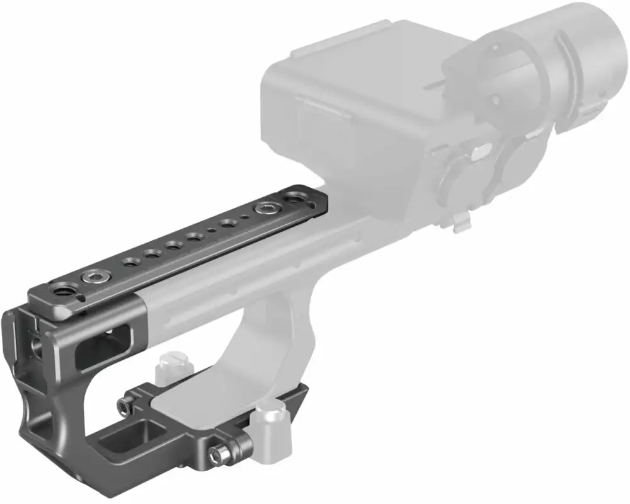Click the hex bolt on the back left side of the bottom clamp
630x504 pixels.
click(127, 404)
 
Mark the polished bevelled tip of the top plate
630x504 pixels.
click(63, 309)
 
